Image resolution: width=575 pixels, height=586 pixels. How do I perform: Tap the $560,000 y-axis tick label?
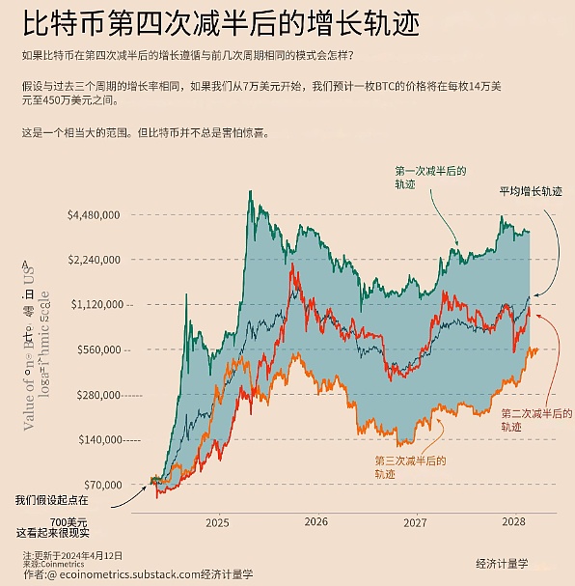click(x=97, y=349)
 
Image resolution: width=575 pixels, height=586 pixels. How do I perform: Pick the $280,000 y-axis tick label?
click(x=97, y=395)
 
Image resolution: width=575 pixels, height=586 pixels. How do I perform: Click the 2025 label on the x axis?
click(x=217, y=522)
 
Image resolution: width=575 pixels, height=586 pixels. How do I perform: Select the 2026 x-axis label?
click(x=315, y=522)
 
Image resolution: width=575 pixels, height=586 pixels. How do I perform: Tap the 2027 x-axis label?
click(x=415, y=522)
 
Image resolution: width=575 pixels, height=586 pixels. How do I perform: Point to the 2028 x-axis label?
click(x=513, y=522)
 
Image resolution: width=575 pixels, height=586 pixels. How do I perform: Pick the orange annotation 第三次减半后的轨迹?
click(x=410, y=467)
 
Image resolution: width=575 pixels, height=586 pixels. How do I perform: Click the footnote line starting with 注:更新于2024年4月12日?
click(x=73, y=555)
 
